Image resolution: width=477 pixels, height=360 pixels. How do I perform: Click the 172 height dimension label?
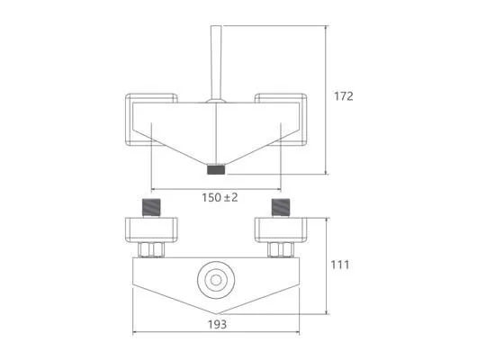pyautogui.click(x=344, y=96)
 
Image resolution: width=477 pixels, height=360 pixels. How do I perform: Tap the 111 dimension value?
pyautogui.click(x=340, y=265)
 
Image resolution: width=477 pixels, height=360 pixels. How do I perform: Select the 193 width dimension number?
pyautogui.click(x=217, y=324)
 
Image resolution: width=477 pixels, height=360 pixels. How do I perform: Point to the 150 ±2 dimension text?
pyautogui.click(x=220, y=198)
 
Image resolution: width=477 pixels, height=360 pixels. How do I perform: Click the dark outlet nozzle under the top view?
pyautogui.click(x=216, y=169)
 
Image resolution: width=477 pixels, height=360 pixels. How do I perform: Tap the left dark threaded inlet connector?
pyautogui.click(x=151, y=207)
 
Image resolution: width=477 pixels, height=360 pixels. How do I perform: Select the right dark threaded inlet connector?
pyautogui.click(x=281, y=207)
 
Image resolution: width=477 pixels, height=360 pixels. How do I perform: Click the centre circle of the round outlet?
pyautogui.click(x=216, y=280)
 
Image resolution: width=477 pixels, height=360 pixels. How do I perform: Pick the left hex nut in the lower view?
pyautogui.click(x=151, y=250)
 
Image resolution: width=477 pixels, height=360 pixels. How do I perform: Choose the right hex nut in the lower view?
pyautogui.click(x=281, y=250)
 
